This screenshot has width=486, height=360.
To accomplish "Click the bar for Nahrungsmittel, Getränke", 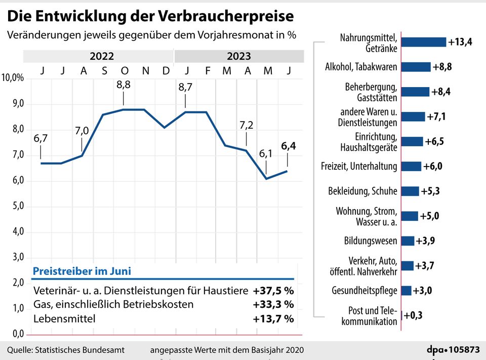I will pyautogui.click(x=424, y=42).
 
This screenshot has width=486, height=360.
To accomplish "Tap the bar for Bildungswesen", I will pyautogui.click(x=408, y=241).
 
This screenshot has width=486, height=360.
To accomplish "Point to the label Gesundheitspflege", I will pyautogui.click(x=364, y=291).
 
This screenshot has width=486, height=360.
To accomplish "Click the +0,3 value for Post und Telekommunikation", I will pyautogui.click(x=413, y=315).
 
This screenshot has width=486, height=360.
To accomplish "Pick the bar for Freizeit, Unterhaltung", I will pyautogui.click(x=411, y=166).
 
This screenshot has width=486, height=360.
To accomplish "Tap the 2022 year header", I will pyautogui.click(x=101, y=56).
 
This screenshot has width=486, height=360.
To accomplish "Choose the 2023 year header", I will pyautogui.click(x=238, y=56).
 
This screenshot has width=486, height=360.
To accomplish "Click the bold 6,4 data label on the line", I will pyautogui.click(x=289, y=146).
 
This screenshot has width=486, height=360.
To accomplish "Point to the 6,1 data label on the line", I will pyautogui.click(x=265, y=153).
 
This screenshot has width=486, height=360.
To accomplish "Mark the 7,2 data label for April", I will pyautogui.click(x=246, y=125).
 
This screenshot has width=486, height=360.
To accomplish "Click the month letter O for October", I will pyautogui.click(x=124, y=70).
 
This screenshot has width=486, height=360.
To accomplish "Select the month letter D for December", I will pyautogui.click(x=166, y=70).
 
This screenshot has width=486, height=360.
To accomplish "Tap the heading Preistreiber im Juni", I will pyautogui.click(x=82, y=271).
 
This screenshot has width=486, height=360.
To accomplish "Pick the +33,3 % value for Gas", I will pyautogui.click(x=273, y=304).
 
